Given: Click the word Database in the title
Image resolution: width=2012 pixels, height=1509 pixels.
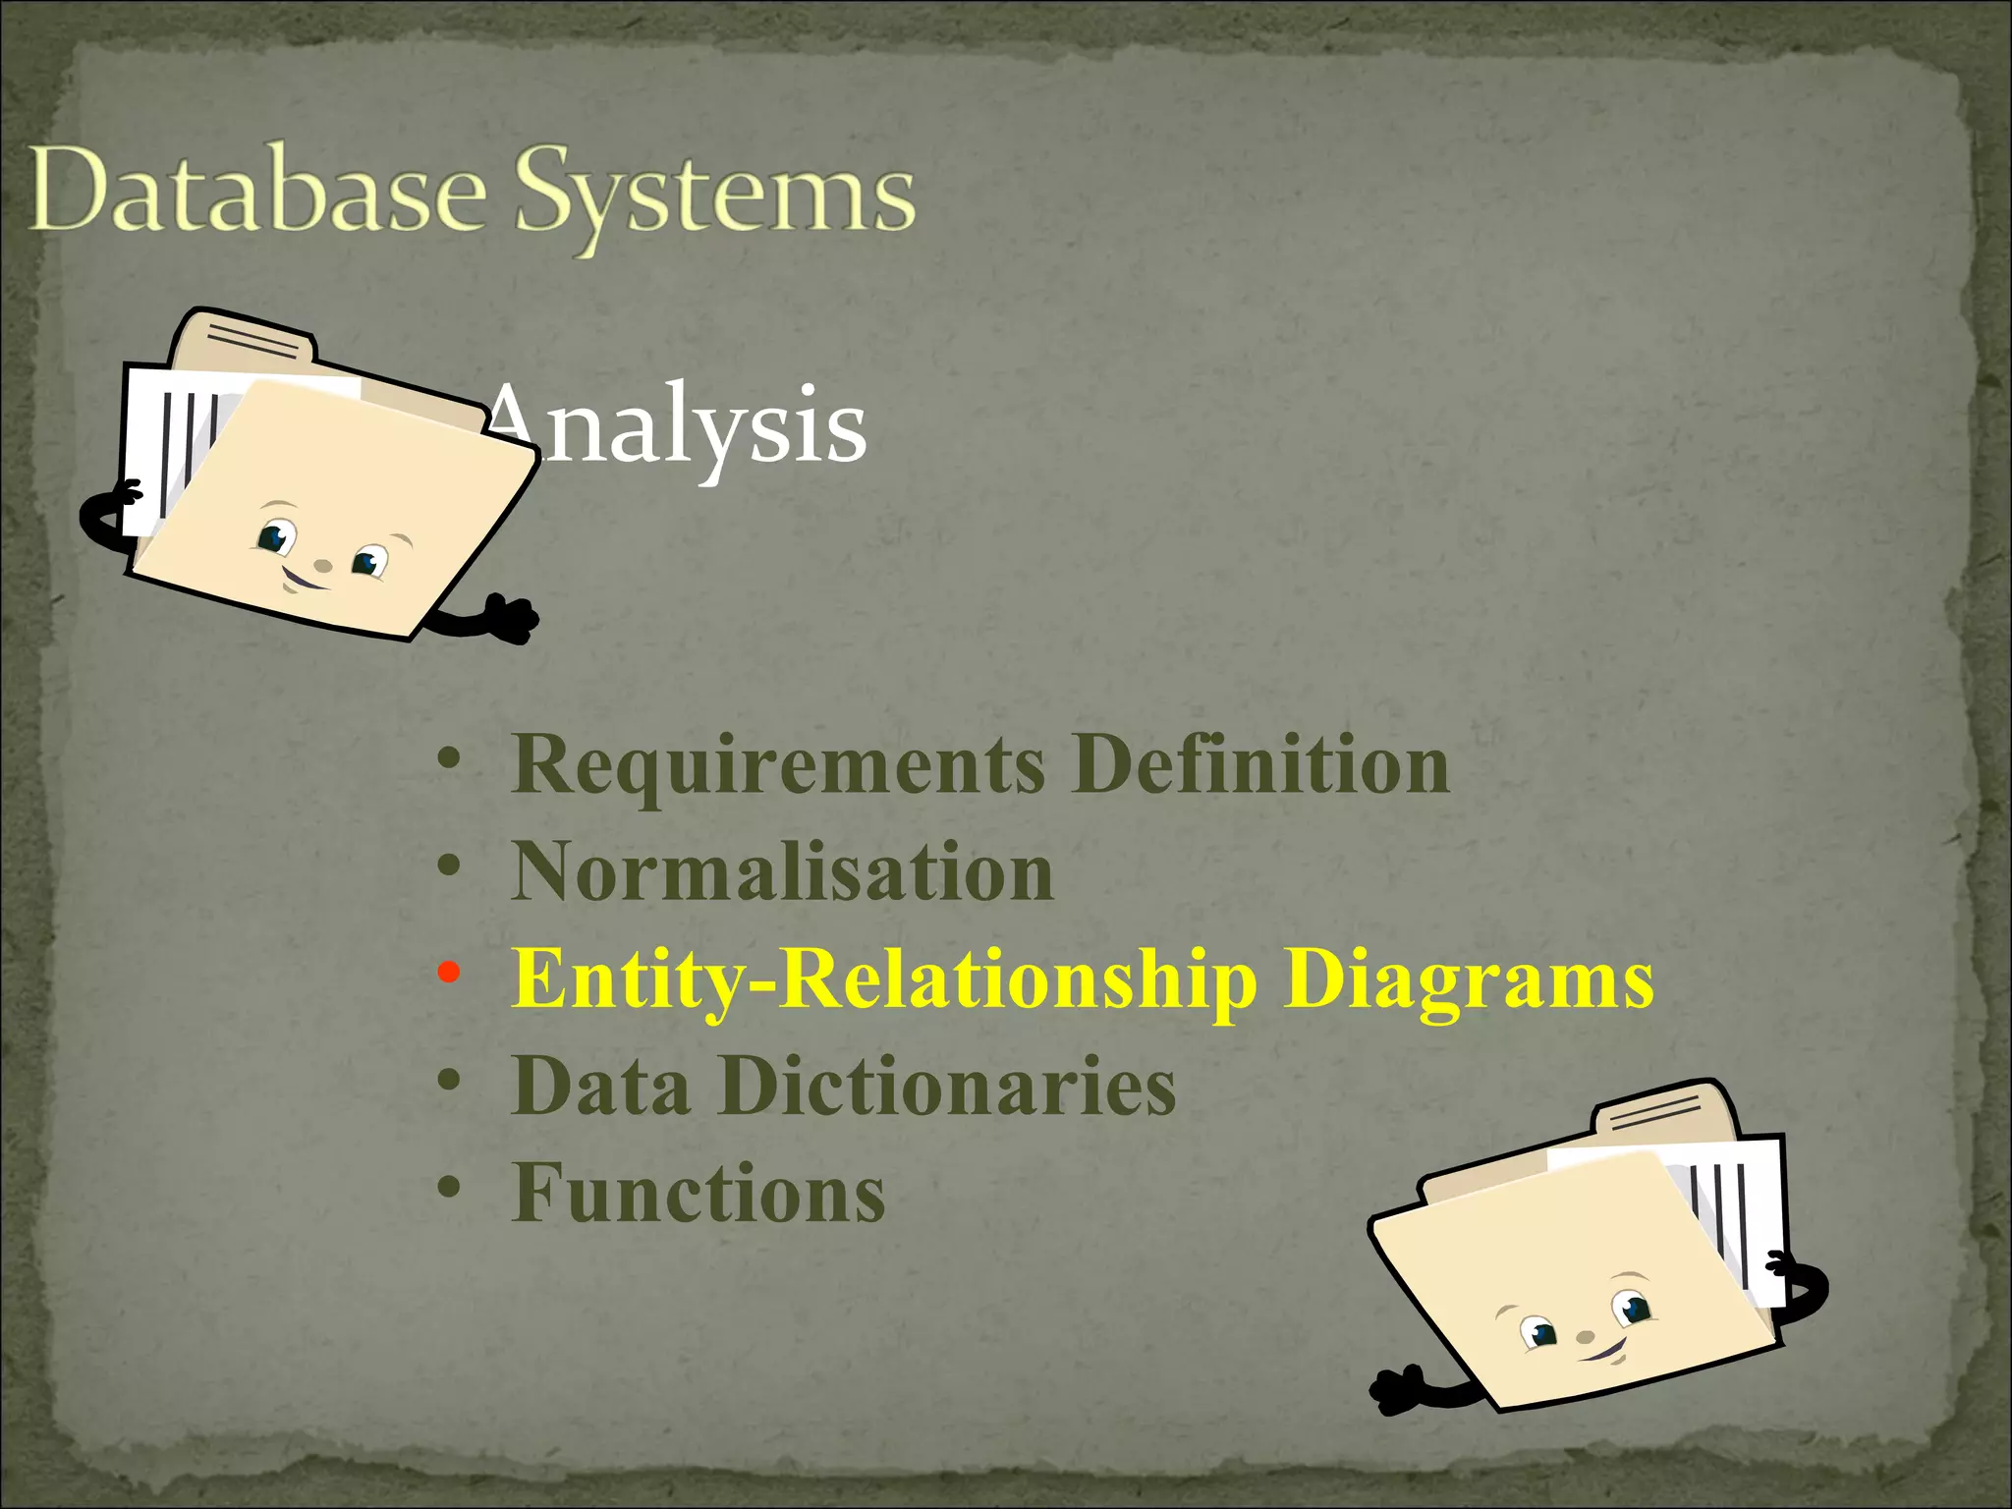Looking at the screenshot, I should pyautogui.click(x=257, y=192).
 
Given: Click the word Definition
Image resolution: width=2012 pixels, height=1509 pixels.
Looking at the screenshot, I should pyautogui.click(x=1260, y=764).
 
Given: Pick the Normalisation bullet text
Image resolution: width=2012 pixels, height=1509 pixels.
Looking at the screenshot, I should pyautogui.click(x=783, y=872).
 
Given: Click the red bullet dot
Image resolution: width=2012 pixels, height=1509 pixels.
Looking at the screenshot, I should pyautogui.click(x=448, y=973).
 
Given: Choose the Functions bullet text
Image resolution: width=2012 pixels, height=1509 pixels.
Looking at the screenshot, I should pyautogui.click(x=699, y=1194).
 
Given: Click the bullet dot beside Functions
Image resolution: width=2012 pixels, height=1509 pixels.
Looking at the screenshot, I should pyautogui.click(x=448, y=1188).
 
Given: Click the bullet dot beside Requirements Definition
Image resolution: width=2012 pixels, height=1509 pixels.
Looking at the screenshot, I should pyautogui.click(x=448, y=759).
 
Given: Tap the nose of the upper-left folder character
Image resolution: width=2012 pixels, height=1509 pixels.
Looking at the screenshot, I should pyautogui.click(x=322, y=566).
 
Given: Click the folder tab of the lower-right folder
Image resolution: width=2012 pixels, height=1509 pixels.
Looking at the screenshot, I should pyautogui.click(x=1660, y=1110).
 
